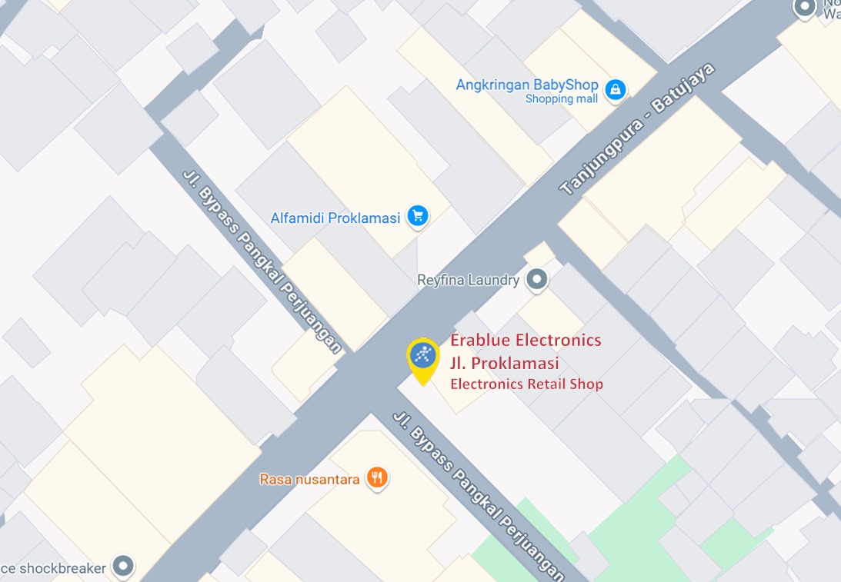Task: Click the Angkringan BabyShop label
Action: click(527, 85)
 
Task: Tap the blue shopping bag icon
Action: click(615, 90)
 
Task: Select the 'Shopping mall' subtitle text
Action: click(561, 99)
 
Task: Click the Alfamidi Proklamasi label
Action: click(335, 218)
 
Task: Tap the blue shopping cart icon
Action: click(418, 216)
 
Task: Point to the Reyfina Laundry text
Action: click(468, 280)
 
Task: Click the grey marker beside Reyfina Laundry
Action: click(537, 280)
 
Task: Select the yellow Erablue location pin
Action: click(422, 358)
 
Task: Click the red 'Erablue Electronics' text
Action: click(526, 340)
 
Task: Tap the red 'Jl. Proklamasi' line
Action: click(504, 363)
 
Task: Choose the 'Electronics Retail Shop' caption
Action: click(526, 384)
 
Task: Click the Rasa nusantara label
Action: click(309, 479)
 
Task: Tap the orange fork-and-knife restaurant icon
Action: click(376, 478)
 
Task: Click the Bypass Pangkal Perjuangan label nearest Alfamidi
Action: click(262, 260)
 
